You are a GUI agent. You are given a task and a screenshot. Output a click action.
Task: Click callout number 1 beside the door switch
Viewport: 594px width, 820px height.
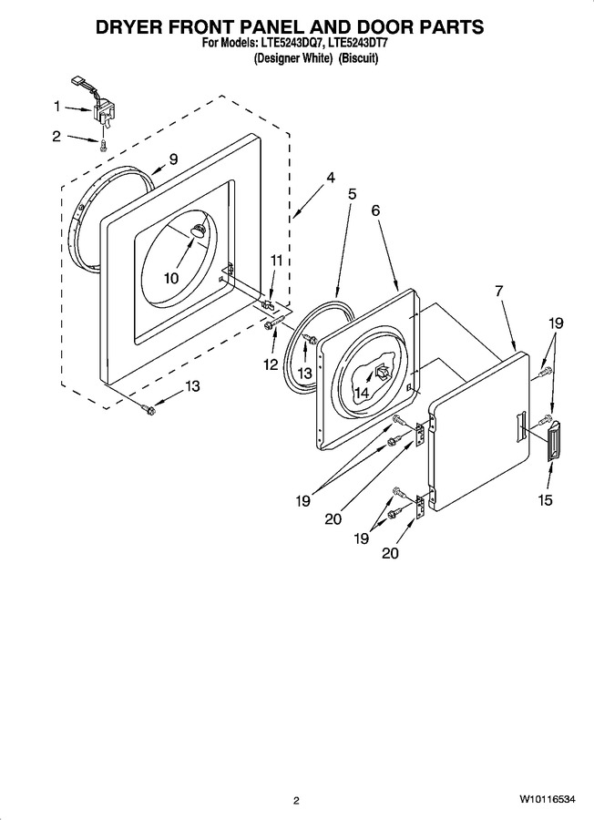56,108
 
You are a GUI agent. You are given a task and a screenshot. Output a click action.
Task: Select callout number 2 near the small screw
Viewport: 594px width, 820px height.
56,137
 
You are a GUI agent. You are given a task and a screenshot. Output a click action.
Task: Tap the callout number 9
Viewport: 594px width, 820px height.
174,159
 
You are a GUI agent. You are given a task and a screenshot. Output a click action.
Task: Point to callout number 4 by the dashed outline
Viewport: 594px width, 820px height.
331,178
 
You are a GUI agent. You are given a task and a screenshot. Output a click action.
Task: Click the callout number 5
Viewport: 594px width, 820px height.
352,194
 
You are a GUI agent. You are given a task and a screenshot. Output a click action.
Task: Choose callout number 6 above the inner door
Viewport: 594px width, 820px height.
375,210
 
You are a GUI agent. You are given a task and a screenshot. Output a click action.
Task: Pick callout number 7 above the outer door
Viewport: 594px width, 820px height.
499,292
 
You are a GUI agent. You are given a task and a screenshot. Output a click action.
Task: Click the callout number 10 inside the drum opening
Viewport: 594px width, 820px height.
171,278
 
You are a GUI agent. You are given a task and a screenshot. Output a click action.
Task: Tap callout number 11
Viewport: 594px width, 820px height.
276,260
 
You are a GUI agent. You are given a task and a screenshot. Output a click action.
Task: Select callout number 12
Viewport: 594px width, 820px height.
271,364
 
